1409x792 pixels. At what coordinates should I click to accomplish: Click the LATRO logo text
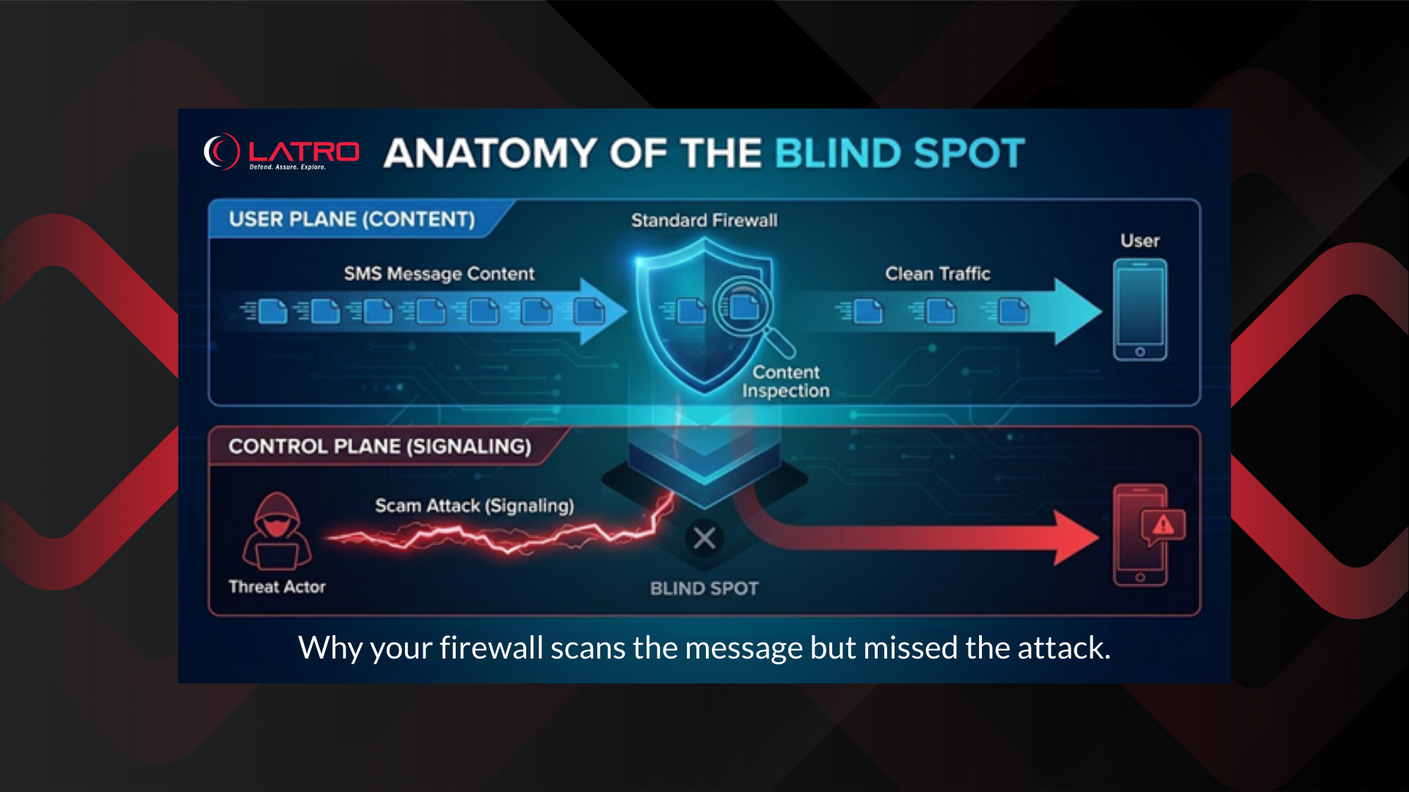coord(304,151)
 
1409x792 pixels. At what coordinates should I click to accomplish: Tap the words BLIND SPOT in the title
coord(899,153)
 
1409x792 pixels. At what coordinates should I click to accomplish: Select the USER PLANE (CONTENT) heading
coord(352,219)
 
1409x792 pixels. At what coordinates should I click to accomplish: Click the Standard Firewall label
coord(704,220)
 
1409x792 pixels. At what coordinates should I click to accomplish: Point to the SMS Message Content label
coord(439,274)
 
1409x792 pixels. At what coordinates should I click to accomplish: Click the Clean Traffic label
coord(937,274)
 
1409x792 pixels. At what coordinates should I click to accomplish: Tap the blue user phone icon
coord(1140,309)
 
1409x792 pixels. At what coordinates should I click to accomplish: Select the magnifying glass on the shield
coord(747,309)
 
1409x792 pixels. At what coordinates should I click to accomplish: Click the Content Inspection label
coord(785,381)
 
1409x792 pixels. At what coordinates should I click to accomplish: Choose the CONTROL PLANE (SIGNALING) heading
coord(379,447)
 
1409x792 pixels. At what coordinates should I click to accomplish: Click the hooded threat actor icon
coord(277,532)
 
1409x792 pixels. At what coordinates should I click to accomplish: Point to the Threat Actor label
coord(277,587)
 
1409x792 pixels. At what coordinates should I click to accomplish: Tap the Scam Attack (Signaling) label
coord(474,505)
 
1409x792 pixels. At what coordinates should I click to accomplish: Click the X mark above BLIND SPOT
coord(704,538)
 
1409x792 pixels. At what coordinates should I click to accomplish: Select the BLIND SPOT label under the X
coord(704,588)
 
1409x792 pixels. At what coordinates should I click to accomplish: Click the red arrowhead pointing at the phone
coord(1076,538)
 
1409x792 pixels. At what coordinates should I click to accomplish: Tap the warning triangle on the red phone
coord(1163,525)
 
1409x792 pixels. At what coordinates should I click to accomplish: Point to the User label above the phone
coord(1140,241)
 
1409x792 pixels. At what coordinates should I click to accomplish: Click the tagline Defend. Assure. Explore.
coord(287,167)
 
